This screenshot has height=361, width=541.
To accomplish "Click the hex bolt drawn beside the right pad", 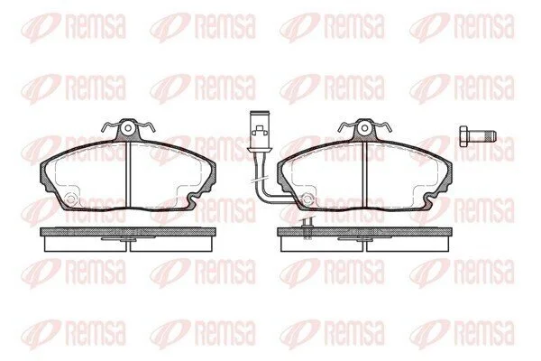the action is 478,136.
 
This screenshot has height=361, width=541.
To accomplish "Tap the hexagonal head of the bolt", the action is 464,136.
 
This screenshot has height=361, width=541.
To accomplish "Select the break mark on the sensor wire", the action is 260,180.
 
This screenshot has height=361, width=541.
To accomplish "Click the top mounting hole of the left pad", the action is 128,128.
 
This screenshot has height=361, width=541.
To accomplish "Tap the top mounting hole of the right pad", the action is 364,128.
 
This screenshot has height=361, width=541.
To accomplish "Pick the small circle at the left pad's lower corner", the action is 70,199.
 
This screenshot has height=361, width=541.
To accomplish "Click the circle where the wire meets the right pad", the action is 307,199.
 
